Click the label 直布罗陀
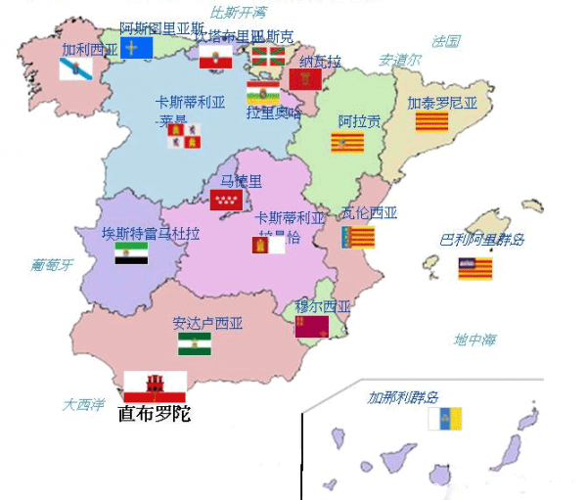click(x=154, y=414)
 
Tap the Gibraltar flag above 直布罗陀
click(x=155, y=385)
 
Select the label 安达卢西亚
click(x=207, y=323)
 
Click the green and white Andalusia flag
click(x=194, y=343)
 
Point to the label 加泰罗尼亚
click(x=442, y=102)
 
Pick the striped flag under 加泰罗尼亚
click(x=431, y=120)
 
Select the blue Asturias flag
click(x=136, y=47)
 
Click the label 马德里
click(x=242, y=181)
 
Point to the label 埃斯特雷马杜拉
click(x=151, y=234)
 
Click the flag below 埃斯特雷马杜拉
click(x=131, y=253)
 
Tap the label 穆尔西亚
click(x=323, y=306)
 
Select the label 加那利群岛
click(x=403, y=398)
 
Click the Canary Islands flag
click(x=444, y=419)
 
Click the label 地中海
click(x=474, y=340)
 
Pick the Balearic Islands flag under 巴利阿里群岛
click(x=475, y=268)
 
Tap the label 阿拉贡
click(x=360, y=121)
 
